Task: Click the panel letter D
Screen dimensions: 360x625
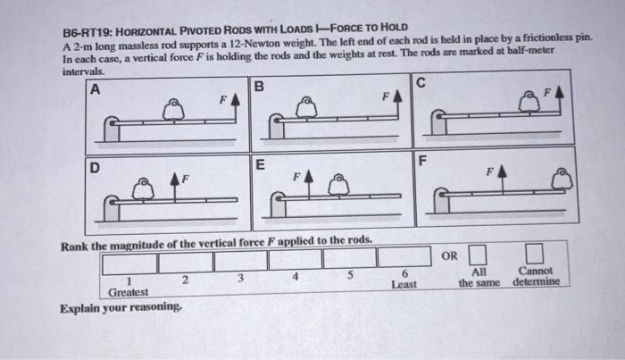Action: point(94,166)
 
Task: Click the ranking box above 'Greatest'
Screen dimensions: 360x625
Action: point(129,263)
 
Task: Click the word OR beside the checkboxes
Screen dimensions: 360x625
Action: point(451,257)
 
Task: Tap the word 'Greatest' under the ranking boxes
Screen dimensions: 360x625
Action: point(129,292)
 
